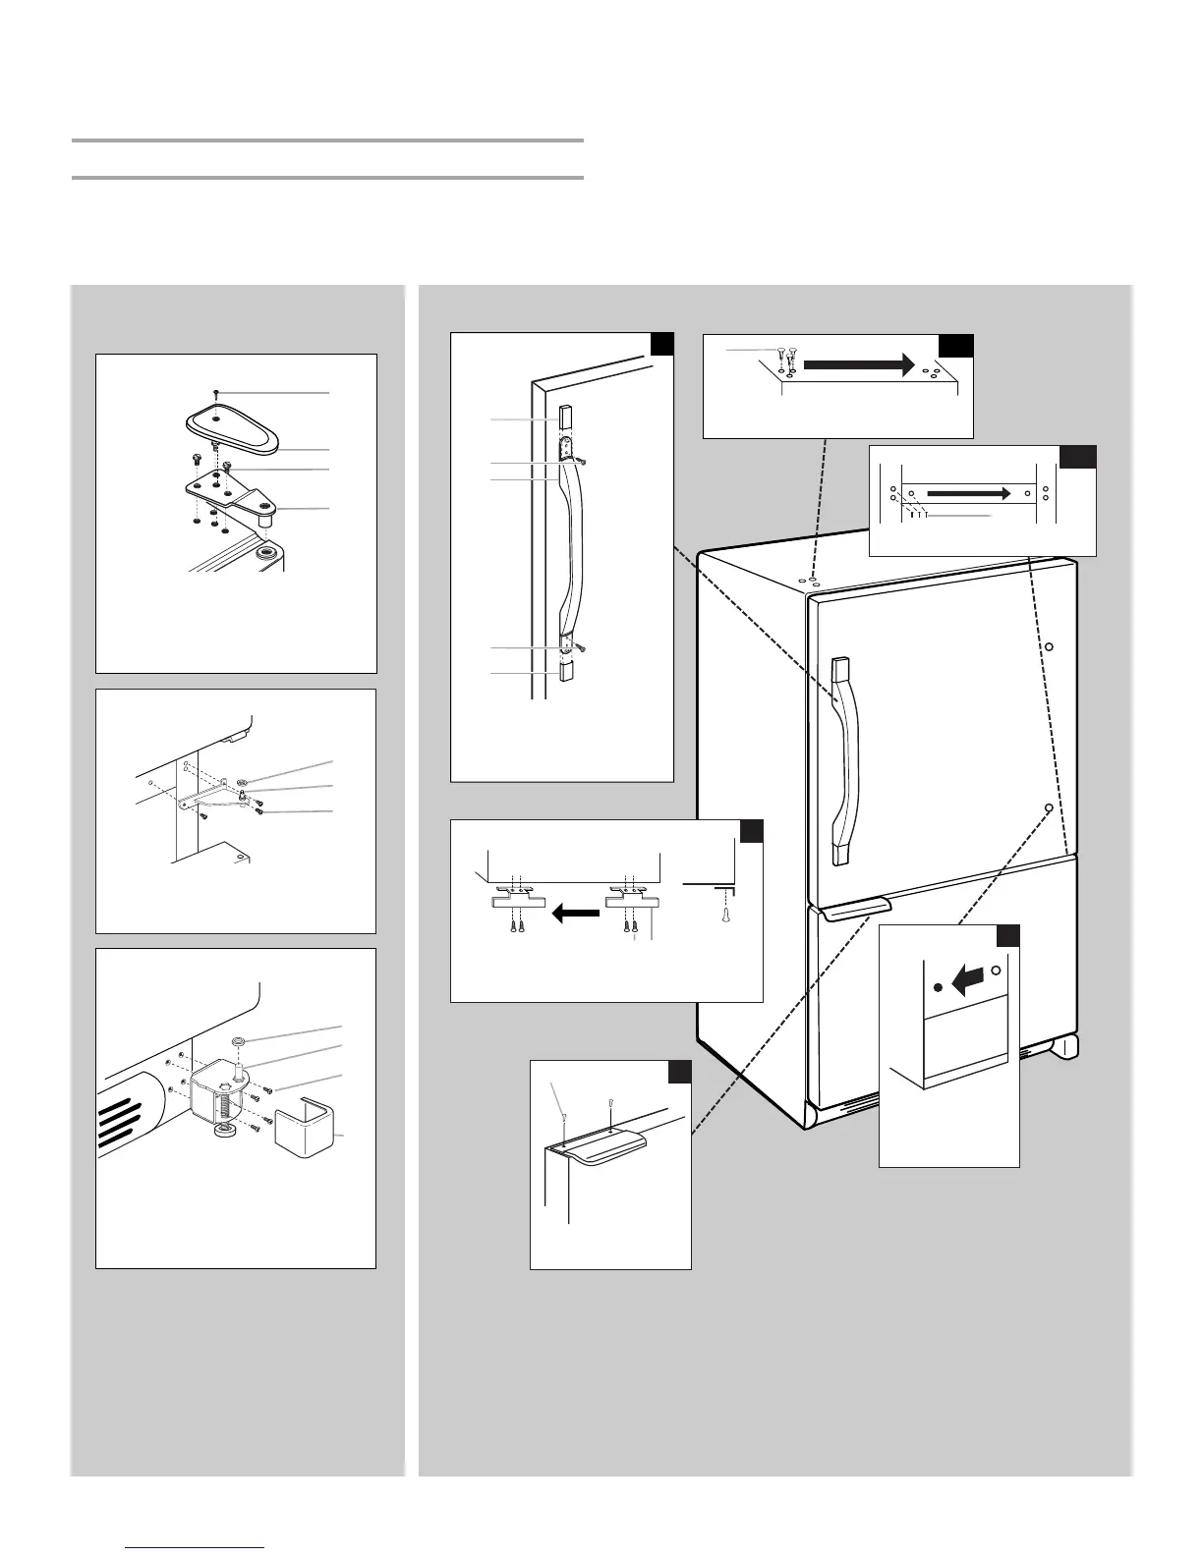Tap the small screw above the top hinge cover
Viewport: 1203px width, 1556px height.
tap(216, 393)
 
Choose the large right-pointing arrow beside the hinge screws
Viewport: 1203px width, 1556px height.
tap(860, 363)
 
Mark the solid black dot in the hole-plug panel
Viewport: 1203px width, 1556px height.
tap(939, 986)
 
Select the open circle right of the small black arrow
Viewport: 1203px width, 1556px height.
tap(997, 971)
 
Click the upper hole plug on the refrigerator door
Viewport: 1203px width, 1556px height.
tap(1049, 647)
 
